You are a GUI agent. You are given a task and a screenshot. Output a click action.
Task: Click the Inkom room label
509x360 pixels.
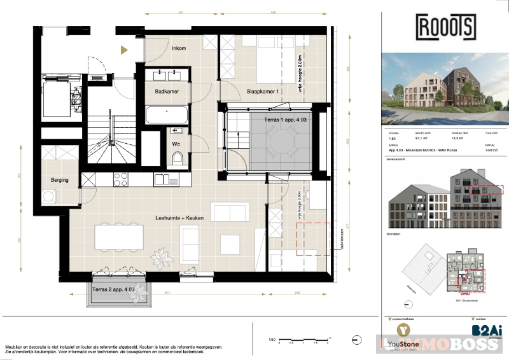180,48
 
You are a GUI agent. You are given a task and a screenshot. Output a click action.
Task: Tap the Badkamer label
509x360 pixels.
167,92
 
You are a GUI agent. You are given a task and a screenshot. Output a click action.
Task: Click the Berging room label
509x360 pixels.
60,180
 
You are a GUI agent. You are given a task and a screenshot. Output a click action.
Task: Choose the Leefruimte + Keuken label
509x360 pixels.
179,218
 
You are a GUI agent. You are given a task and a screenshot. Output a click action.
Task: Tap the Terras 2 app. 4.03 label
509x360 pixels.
113,289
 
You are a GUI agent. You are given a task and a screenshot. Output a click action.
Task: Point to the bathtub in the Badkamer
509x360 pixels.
166,115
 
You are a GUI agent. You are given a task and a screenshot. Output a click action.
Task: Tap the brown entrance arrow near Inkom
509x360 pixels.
125,49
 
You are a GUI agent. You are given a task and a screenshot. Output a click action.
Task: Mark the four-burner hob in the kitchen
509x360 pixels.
121,180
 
